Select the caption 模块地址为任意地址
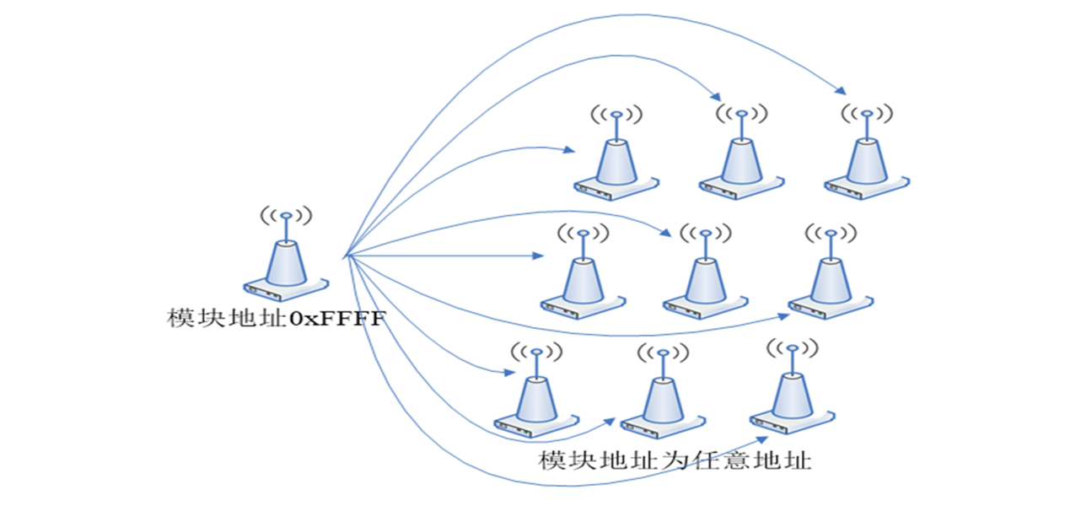[675, 460]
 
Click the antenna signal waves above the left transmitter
[286, 216]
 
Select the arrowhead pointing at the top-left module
[570, 151]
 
